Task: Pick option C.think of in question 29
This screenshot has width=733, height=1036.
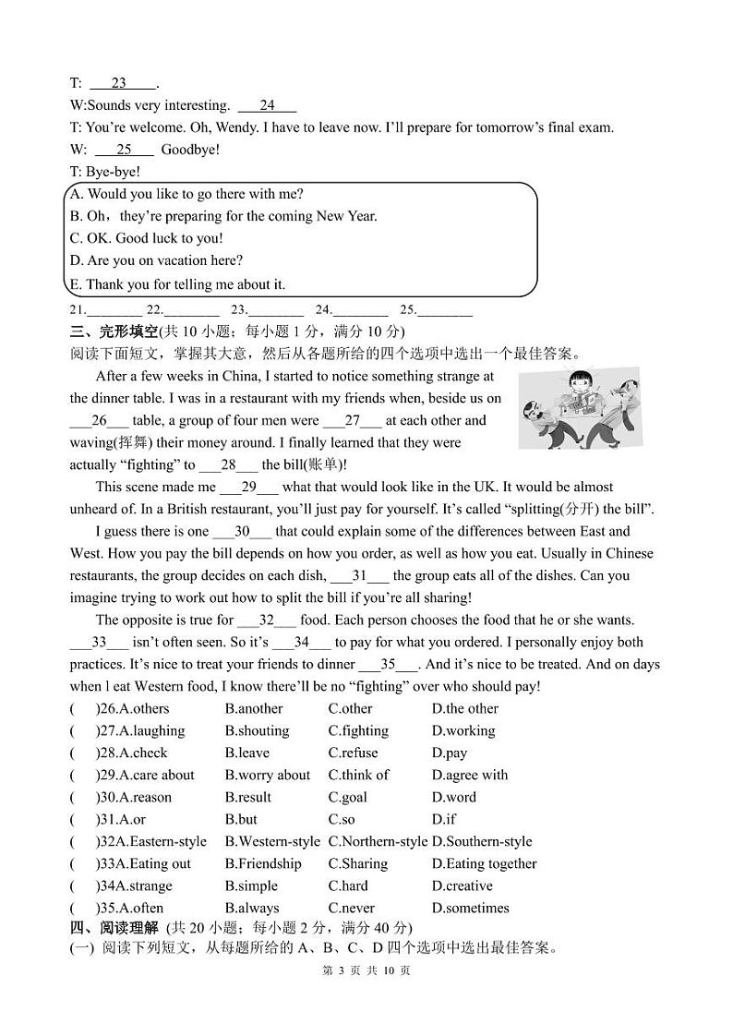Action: pos(358,775)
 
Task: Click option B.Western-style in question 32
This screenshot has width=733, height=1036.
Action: pos(272,841)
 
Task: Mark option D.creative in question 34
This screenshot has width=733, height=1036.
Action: pos(463,885)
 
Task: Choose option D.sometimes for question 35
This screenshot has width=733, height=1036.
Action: pos(470,908)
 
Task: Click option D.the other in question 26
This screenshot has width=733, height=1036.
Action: pos(464,708)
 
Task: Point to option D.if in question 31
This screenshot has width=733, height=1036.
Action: pos(444,819)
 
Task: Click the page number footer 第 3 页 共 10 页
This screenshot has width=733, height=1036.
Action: pos(366,970)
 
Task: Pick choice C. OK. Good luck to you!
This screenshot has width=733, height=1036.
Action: pos(146,238)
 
